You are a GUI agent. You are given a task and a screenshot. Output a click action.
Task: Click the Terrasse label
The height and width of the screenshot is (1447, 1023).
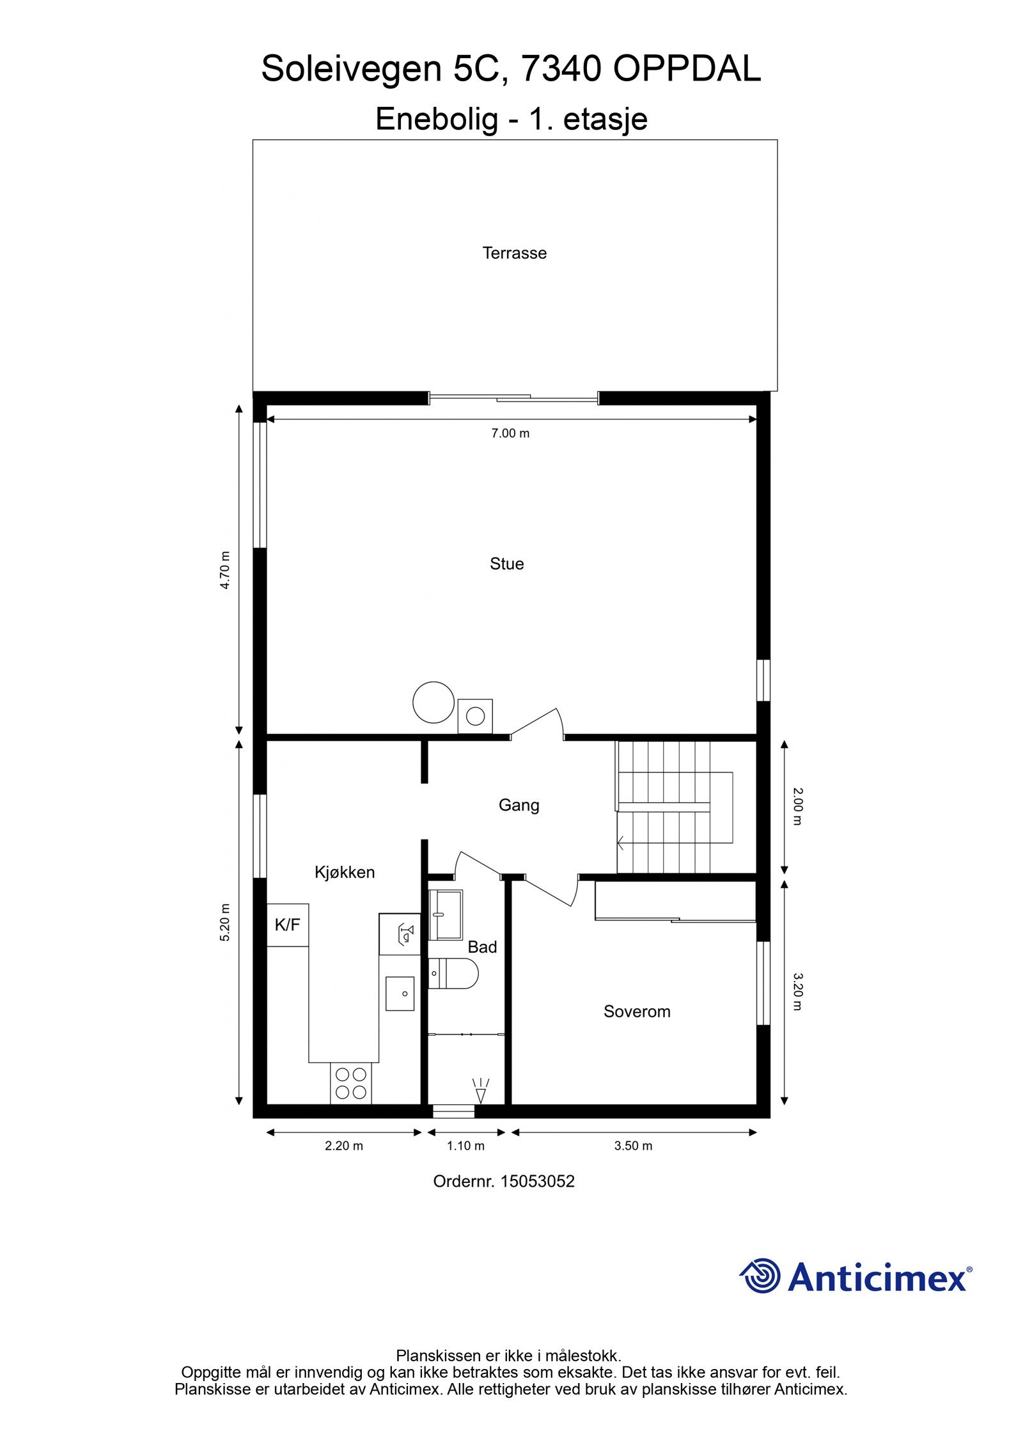point(514,253)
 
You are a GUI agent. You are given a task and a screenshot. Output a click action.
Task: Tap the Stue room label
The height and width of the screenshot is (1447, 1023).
point(506,564)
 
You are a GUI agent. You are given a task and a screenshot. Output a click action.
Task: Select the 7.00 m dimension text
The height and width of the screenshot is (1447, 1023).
point(510,434)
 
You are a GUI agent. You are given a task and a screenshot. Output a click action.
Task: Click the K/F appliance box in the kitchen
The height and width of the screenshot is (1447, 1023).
point(287,925)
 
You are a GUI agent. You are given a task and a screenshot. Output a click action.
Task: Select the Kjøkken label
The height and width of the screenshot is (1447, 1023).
point(345,872)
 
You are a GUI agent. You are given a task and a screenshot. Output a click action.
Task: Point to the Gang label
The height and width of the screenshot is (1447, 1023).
point(519,805)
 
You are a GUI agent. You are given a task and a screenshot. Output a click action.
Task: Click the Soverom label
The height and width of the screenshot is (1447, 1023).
point(637,1012)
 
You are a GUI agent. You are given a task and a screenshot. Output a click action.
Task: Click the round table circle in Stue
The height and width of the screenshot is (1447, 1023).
point(433,702)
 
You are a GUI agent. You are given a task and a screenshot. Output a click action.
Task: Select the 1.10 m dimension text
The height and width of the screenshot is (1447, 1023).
point(465,1146)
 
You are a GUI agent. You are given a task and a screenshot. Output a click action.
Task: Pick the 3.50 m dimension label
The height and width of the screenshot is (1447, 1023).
point(633,1146)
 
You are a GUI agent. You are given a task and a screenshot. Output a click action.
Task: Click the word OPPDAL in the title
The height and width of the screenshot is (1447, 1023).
point(687,69)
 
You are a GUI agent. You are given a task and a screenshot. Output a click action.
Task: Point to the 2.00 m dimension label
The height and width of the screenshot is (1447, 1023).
point(797,806)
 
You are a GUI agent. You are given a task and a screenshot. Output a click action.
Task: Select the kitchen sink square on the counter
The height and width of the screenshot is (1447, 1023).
point(400,994)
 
